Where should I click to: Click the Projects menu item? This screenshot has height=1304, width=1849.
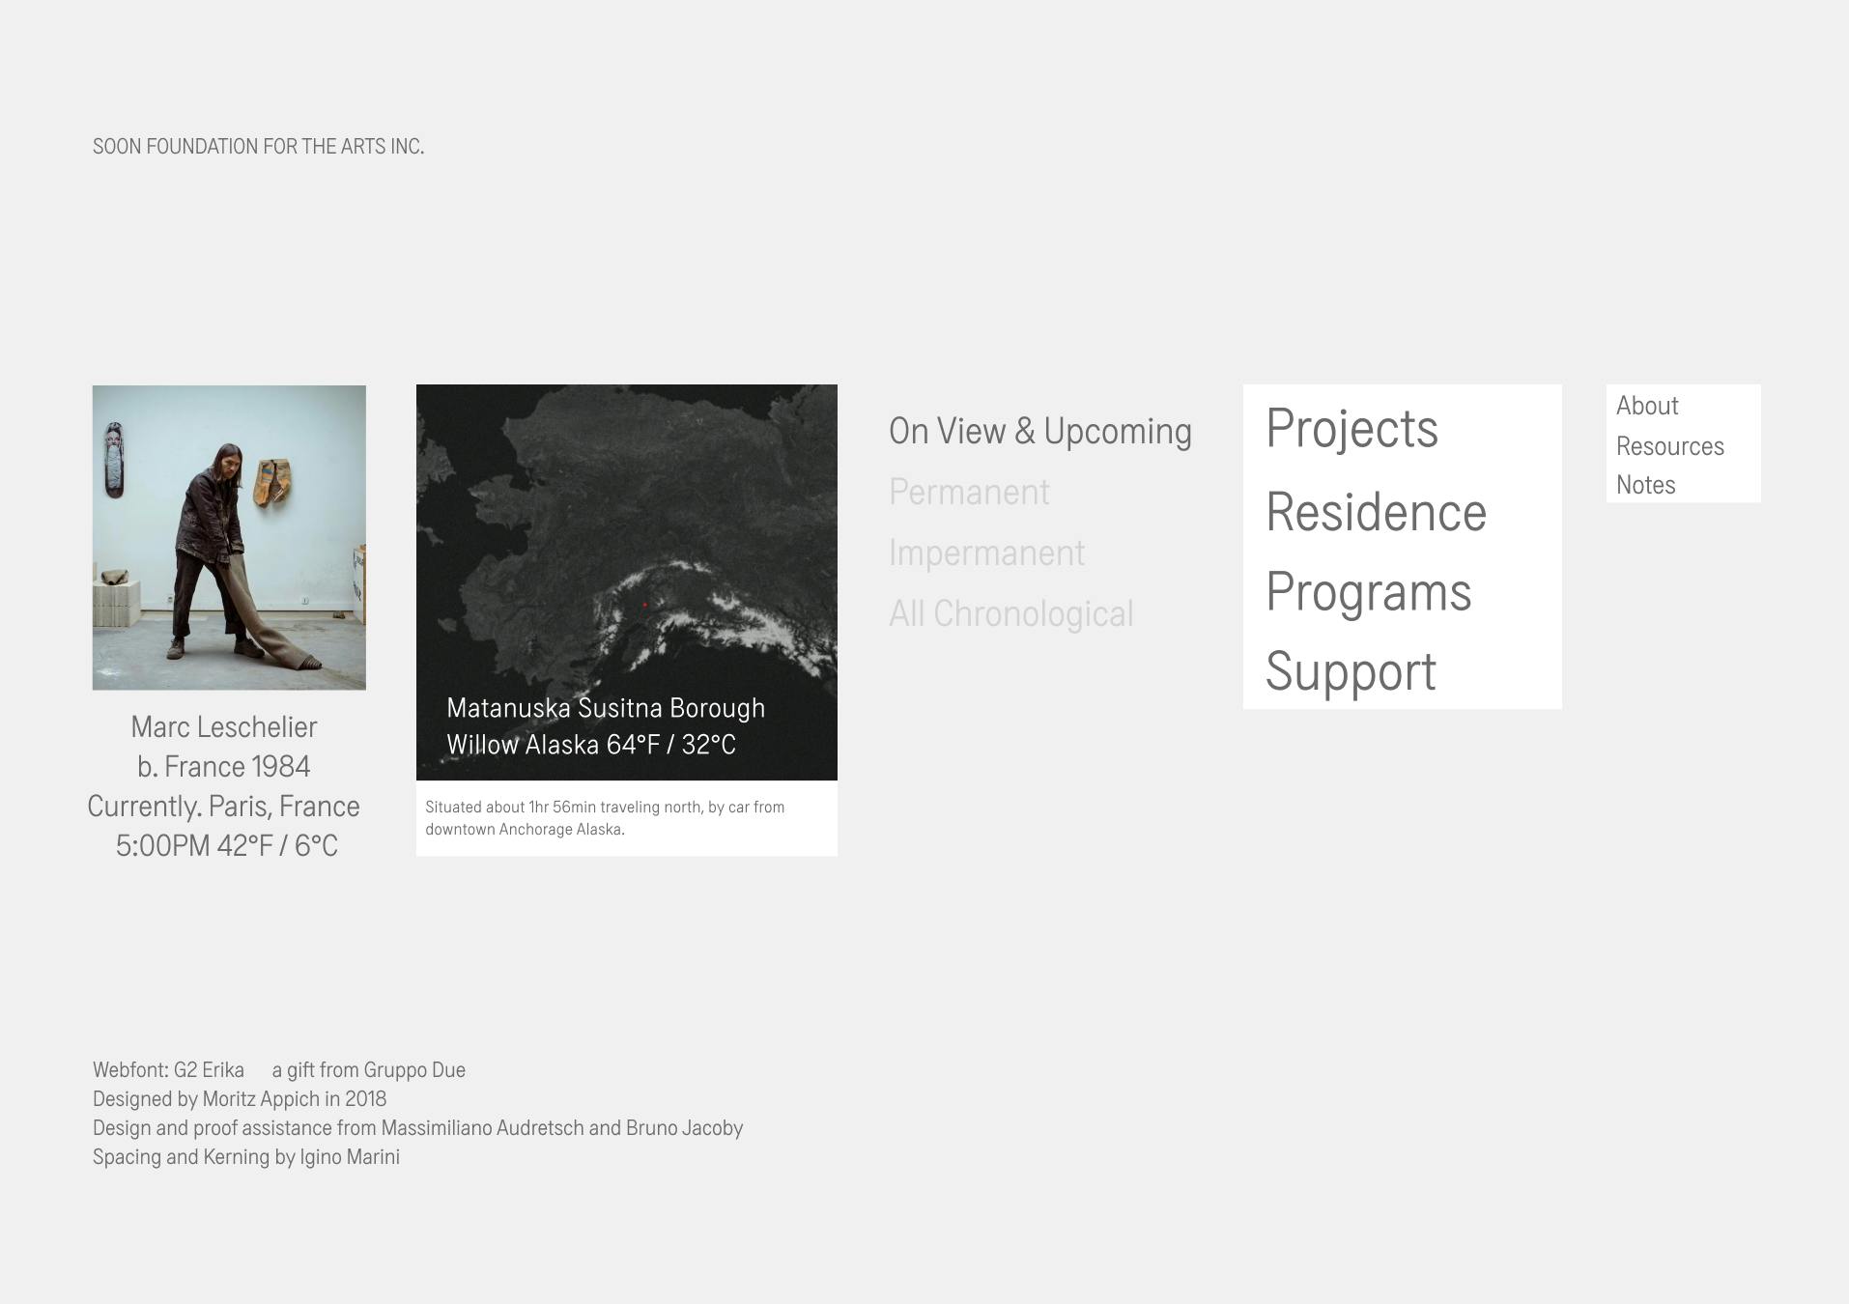coord(1351,429)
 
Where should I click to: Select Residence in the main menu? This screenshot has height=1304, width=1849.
coord(1376,512)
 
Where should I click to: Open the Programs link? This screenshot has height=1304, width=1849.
coord(1368,592)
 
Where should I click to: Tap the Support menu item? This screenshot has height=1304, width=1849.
coord(1351,672)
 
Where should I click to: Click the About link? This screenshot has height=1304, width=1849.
coord(1647,406)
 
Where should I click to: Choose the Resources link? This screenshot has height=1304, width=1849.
coord(1670,446)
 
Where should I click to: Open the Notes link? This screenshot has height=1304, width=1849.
coord(1646,485)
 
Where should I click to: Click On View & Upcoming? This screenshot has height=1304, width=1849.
coord(1040,432)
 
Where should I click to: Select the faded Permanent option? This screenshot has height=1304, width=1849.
coord(969,492)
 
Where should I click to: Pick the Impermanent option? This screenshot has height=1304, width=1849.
coord(986,553)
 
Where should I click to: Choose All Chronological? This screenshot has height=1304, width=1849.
coord(1011,613)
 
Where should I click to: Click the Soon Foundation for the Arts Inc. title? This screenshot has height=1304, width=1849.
coord(258,147)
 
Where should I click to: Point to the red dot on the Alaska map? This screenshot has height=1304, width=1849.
coord(644,605)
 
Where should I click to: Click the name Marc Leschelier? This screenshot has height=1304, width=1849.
coord(224,727)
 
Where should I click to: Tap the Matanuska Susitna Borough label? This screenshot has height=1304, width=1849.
coord(606,708)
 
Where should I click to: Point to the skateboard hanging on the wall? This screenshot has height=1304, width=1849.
coord(115,460)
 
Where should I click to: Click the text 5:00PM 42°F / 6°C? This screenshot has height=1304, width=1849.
coord(227,846)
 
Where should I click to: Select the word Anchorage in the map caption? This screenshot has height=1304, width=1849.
coord(535,830)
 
